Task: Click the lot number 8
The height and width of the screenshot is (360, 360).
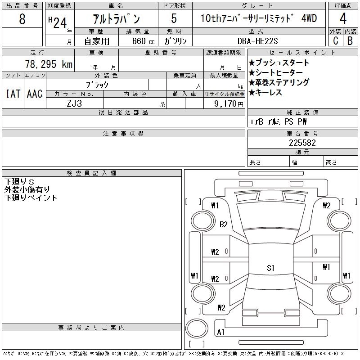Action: (x=22, y=19)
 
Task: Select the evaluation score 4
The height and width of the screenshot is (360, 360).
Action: (x=343, y=19)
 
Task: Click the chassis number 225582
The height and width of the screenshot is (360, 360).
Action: (x=302, y=143)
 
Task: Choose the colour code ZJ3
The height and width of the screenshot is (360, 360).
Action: (x=75, y=103)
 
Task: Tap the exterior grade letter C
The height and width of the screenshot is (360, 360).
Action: (x=335, y=40)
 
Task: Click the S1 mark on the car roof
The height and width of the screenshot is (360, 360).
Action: (x=270, y=268)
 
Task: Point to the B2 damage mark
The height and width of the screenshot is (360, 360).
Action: (x=224, y=225)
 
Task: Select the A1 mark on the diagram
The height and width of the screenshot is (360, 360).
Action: (x=221, y=332)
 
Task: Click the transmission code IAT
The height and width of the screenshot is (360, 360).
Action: (x=13, y=94)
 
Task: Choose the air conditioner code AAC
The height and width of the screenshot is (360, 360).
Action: (x=35, y=94)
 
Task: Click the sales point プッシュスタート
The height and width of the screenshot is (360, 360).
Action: (x=279, y=63)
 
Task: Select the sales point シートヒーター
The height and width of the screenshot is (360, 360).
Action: (x=276, y=73)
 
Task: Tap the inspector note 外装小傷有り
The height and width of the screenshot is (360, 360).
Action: (x=27, y=189)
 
